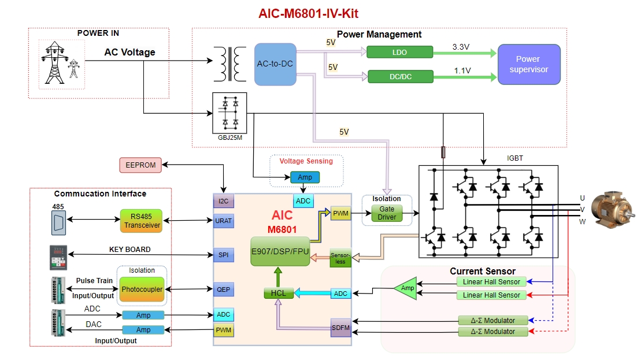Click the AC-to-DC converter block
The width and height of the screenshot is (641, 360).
275,64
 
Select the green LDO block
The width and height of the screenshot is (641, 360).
399,53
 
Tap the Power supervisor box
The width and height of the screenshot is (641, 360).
529,64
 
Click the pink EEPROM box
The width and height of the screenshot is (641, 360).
140,165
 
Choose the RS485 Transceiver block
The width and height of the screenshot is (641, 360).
142,221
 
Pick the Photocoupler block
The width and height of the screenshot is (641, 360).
142,289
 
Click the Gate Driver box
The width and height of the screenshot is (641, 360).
387,213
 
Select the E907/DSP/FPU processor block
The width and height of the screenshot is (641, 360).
281,251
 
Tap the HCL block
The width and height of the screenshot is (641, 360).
279,294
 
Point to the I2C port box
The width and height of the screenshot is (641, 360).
223,201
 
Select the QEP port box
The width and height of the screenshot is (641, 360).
223,289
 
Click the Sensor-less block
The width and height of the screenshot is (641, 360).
340,258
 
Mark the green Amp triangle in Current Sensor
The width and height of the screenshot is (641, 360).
406,288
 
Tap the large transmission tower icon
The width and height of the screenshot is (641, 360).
54,62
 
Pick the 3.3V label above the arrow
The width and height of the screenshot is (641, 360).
461,46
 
